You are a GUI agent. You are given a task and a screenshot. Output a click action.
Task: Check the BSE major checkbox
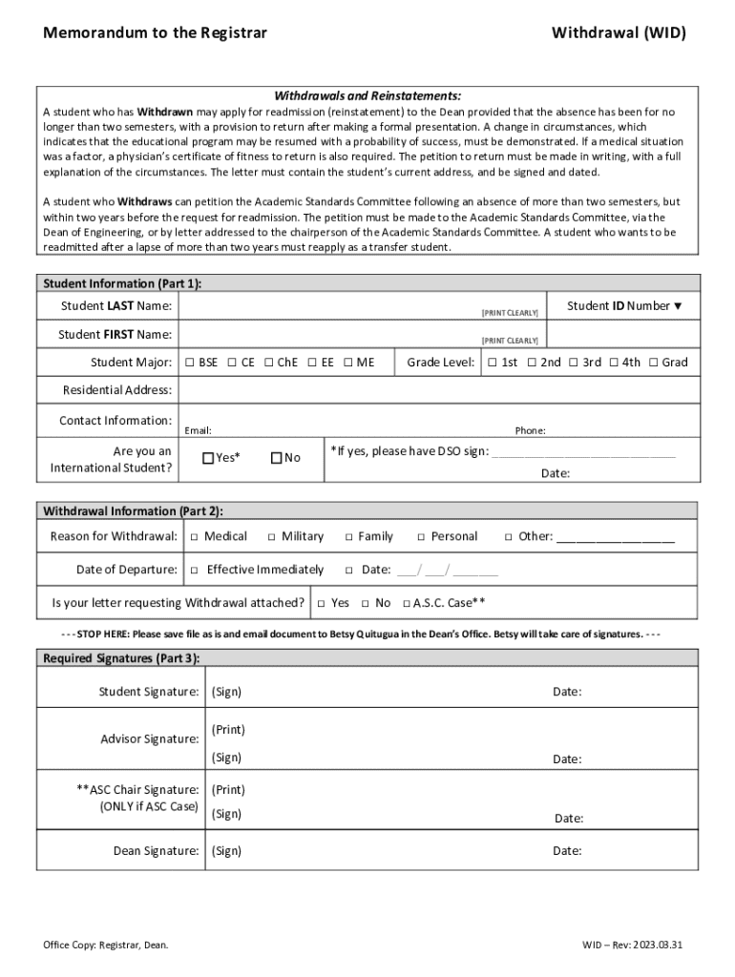189,363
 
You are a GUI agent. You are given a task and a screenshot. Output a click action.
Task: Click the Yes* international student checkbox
208,458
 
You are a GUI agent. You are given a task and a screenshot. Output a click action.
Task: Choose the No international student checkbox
277,458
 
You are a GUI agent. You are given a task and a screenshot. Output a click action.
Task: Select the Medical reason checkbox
195,537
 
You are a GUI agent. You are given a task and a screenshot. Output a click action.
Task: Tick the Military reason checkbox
272,537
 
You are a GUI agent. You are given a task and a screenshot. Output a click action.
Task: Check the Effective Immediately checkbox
195,571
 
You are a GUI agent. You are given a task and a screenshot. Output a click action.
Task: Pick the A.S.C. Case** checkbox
407,604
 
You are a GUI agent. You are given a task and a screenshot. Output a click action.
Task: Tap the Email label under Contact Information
198,431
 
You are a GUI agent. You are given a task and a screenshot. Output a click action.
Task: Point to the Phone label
530,431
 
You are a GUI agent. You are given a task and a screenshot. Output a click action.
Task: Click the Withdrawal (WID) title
619,33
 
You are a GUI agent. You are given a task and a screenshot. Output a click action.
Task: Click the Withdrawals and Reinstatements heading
367,96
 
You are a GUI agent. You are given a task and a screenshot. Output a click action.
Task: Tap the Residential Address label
117,390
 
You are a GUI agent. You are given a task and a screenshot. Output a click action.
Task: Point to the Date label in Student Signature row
567,692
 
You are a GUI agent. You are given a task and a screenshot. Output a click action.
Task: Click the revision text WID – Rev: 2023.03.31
633,946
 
